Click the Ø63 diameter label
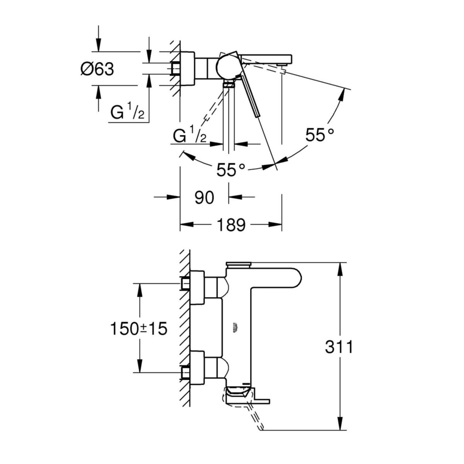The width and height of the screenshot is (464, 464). pyautogui.click(x=97, y=70)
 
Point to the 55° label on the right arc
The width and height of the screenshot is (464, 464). pyautogui.click(x=319, y=135)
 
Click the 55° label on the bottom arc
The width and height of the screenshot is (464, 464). pyautogui.click(x=231, y=170)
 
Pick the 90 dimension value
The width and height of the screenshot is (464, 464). pyautogui.click(x=204, y=198)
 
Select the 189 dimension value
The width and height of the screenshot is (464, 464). pyautogui.click(x=231, y=225)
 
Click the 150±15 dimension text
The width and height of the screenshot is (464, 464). pyautogui.click(x=138, y=329)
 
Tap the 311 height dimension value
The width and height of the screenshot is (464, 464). pyautogui.click(x=339, y=347)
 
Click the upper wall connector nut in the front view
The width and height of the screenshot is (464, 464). pyautogui.click(x=185, y=284)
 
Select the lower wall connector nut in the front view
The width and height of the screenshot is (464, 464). pyautogui.click(x=185, y=373)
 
